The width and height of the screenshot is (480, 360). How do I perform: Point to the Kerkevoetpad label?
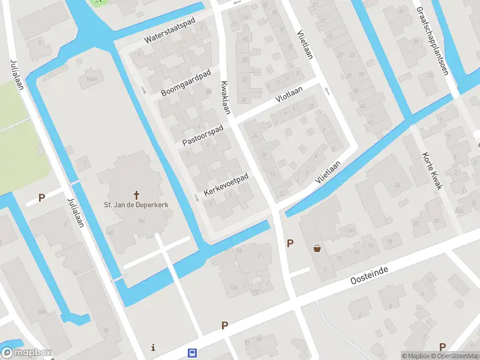(x=226, y=184)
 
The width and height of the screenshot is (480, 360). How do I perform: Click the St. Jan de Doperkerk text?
(x=137, y=205)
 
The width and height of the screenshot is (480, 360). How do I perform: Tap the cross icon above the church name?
(x=137, y=194)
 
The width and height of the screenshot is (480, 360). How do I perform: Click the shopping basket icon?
(x=317, y=248)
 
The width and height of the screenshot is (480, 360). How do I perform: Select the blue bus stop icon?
(x=193, y=353)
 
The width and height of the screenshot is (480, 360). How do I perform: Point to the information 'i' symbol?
(x=154, y=347)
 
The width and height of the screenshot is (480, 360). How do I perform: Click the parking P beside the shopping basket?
(x=290, y=243)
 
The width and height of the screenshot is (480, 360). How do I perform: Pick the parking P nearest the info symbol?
(x=225, y=325)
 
